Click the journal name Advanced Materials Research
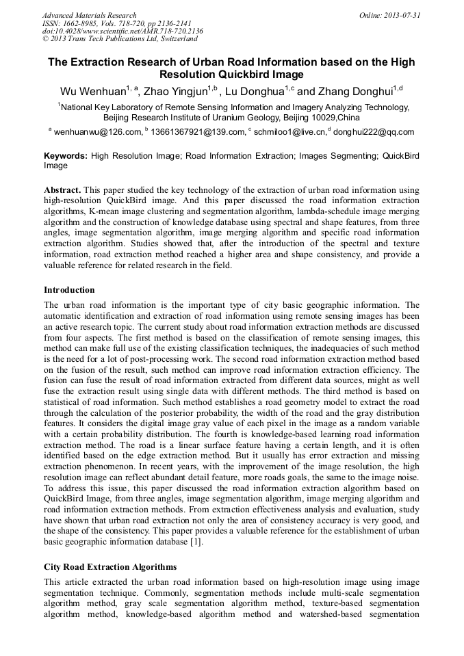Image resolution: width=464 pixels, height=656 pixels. point(90,15)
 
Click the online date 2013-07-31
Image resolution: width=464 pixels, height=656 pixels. point(398,15)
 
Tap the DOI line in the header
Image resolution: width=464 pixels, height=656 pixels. point(123,31)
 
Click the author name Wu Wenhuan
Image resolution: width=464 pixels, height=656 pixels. point(90,91)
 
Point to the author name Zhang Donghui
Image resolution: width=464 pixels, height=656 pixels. point(348,91)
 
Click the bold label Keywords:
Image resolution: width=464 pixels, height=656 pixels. point(66,156)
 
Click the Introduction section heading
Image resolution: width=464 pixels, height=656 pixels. point(69,290)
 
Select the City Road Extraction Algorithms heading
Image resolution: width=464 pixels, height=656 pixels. point(110,567)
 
